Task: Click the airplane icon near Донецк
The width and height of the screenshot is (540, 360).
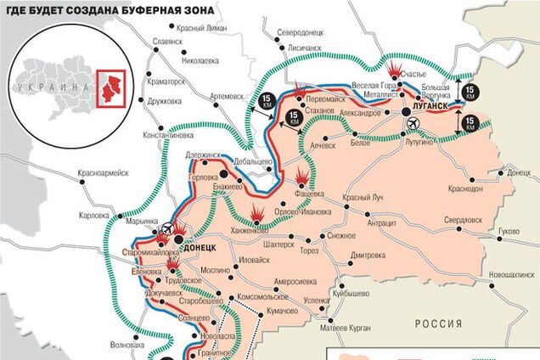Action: coord(166,228)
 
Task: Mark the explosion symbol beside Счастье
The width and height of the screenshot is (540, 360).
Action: coord(396,69)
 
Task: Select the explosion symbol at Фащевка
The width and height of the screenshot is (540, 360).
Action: coord(302,176)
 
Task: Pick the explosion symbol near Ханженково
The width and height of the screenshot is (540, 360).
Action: coord(257,211)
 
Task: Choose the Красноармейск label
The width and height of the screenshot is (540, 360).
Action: coord(102,172)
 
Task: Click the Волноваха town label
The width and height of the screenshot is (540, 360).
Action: coord(128,345)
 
